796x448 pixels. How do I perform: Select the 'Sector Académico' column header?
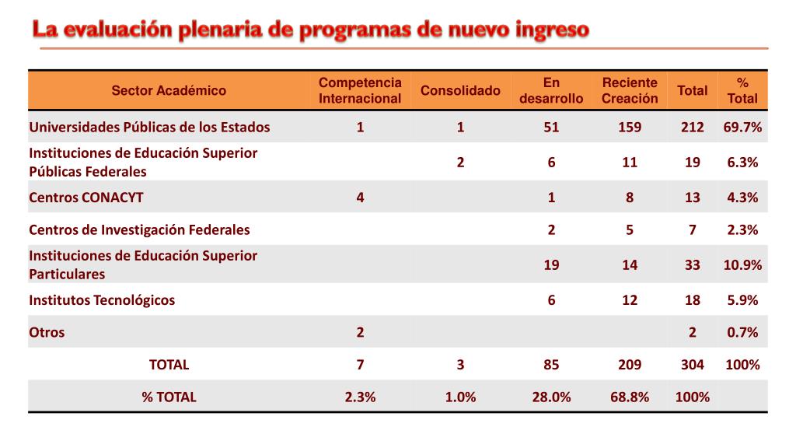coord(169,90)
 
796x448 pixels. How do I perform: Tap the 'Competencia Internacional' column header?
coord(360,90)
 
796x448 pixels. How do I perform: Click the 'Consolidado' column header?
coord(460,90)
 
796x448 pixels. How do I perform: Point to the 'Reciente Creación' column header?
coord(630,90)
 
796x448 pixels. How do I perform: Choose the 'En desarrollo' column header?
coord(551,90)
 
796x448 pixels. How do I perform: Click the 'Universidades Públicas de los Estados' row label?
coord(149,127)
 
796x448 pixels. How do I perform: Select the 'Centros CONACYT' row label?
coord(86,198)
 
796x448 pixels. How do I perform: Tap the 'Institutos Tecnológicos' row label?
coord(102,300)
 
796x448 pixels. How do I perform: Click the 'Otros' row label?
coord(47,333)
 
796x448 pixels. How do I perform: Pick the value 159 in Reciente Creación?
coord(630,127)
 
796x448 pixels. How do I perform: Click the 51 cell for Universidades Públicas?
coord(551,127)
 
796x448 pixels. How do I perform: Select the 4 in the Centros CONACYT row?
coord(360,198)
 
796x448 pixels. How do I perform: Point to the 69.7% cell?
coord(742,127)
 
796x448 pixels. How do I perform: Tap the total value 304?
coord(692,365)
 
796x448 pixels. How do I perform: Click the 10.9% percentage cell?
coord(742,265)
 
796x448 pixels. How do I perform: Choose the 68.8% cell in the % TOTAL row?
coord(630,397)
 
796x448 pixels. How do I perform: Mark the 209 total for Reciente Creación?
coord(630,365)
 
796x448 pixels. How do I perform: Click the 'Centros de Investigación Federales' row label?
coord(139,230)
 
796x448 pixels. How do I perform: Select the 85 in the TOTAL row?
coord(551,365)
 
